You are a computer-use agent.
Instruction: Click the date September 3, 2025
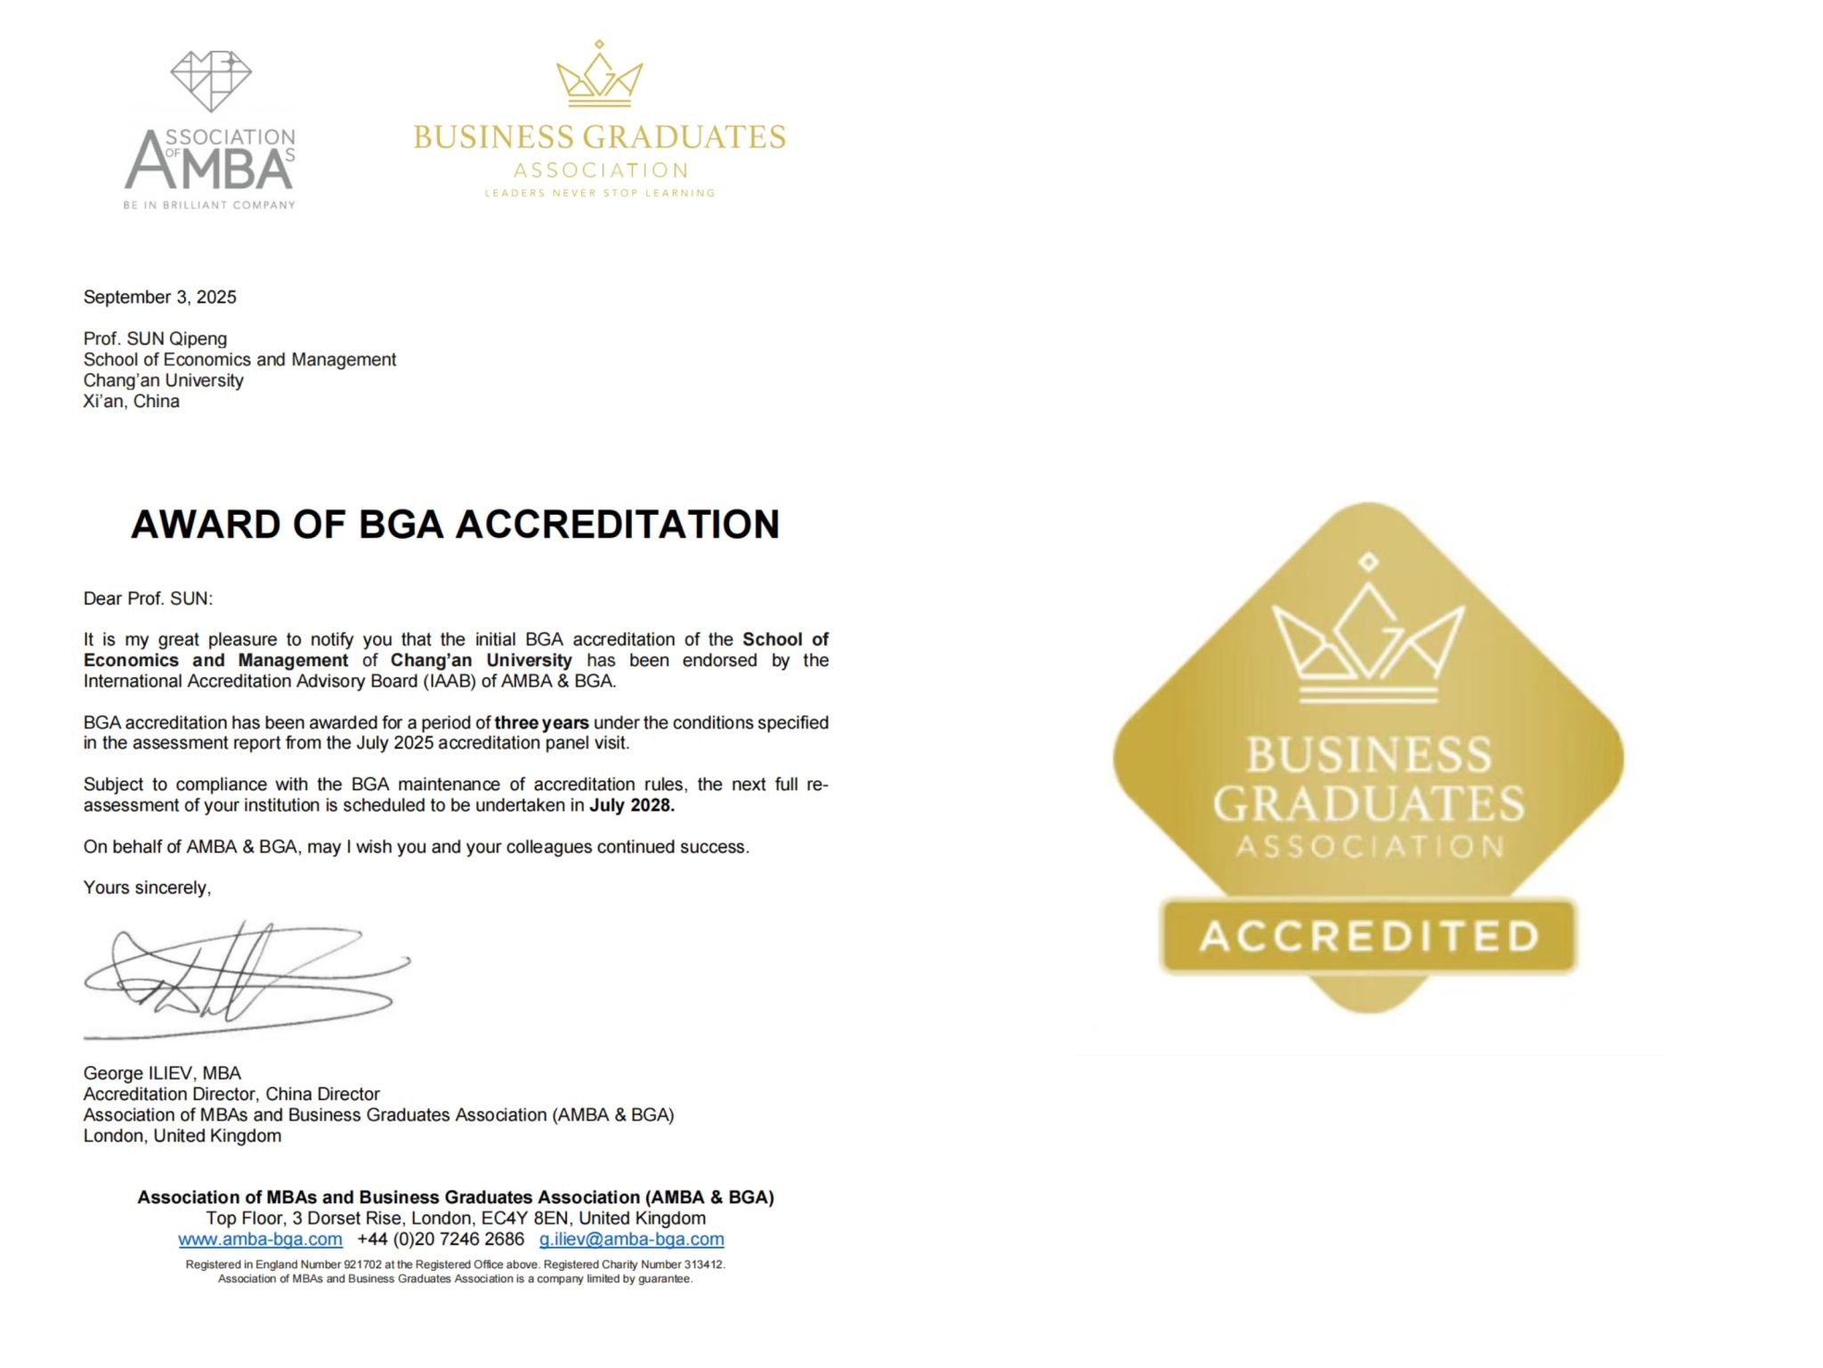(x=160, y=297)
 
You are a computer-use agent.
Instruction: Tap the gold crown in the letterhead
(x=599, y=75)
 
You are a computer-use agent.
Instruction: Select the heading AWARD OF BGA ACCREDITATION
(x=455, y=525)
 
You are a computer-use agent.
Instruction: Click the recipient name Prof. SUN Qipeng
(x=155, y=339)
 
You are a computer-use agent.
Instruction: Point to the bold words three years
(x=541, y=723)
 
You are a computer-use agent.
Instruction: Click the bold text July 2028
(x=632, y=806)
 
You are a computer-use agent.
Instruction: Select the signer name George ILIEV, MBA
(x=162, y=1074)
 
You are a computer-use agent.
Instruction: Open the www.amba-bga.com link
(x=260, y=1240)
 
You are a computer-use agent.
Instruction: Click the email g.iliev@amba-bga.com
(x=631, y=1240)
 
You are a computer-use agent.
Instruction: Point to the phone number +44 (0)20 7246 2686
(x=441, y=1240)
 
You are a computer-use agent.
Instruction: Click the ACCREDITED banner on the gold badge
(x=1368, y=936)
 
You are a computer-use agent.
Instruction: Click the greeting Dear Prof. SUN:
(x=148, y=599)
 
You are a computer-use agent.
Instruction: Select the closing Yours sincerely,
(x=147, y=888)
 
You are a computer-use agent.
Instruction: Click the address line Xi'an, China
(x=131, y=402)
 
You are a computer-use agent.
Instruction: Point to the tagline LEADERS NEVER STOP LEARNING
(x=599, y=193)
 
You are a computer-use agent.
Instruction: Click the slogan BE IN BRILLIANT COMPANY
(x=209, y=206)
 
